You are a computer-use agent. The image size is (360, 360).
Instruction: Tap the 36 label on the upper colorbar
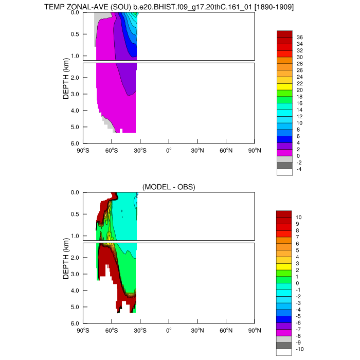299,37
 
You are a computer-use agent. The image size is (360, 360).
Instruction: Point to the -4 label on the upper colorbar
299,169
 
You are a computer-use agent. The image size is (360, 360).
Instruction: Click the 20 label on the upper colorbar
299,90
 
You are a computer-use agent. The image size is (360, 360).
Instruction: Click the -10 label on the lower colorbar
300,349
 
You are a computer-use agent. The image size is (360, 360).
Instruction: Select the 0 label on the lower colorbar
298,283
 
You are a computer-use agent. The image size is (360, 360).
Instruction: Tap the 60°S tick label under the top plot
112,151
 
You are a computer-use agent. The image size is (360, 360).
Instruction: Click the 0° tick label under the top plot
169,151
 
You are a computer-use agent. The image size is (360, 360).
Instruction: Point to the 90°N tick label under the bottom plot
255,331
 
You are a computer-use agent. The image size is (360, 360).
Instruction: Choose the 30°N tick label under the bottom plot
197,331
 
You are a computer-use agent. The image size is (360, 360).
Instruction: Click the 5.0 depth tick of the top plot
74,127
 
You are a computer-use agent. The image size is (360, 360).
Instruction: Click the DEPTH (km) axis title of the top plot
66,78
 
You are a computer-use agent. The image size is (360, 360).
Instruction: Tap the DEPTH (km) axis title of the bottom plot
66,258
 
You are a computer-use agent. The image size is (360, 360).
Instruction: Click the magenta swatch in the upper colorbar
284,153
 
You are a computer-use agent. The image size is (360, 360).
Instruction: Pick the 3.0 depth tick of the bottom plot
74,274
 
